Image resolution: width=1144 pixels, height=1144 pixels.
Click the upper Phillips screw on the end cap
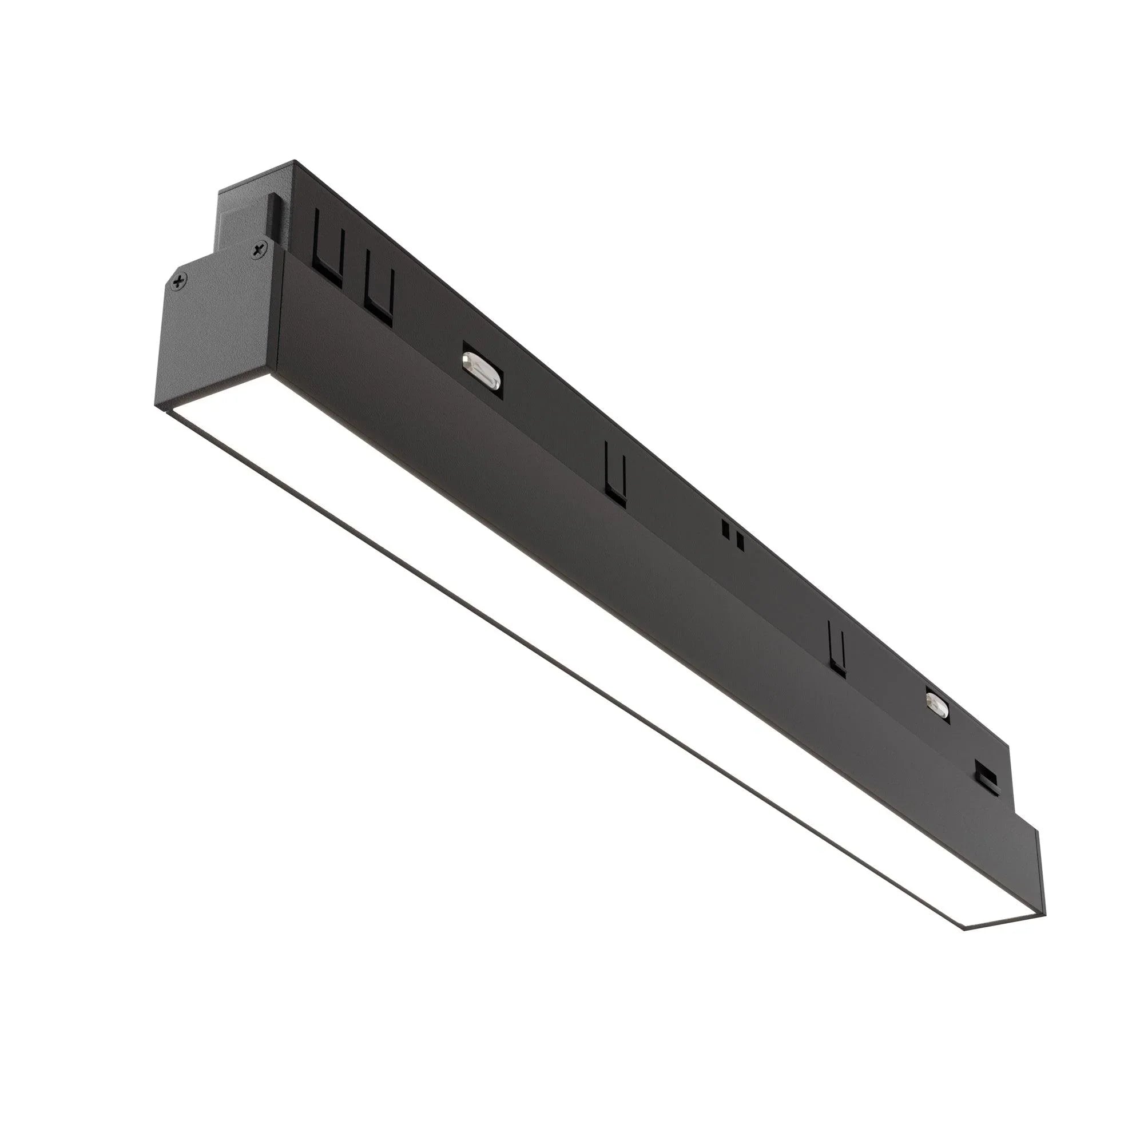pyautogui.click(x=258, y=251)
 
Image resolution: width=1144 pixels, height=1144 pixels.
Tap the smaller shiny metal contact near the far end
pyautogui.click(x=936, y=702)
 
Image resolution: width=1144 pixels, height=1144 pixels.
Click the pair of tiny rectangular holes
pyautogui.click(x=733, y=535)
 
